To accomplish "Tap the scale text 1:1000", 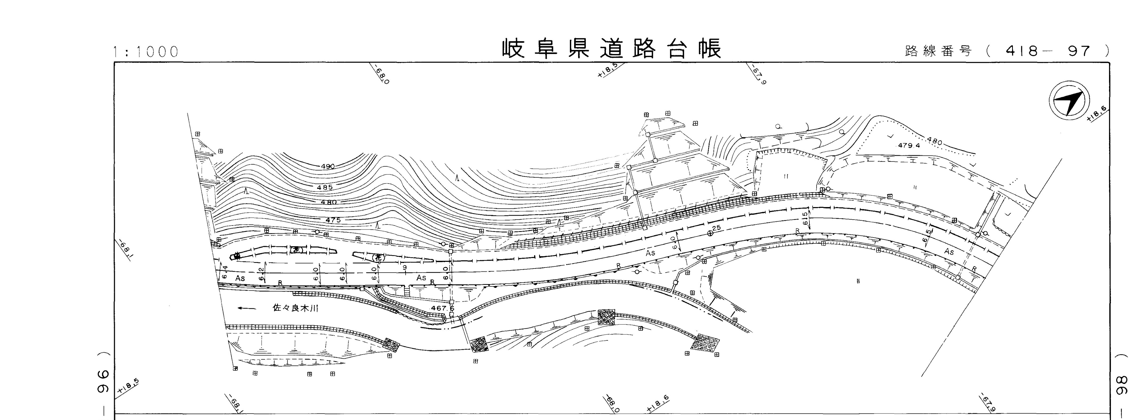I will point(146,52).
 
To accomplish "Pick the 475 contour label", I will point(333,220).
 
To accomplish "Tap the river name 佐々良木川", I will point(295,308).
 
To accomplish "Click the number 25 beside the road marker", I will point(717,228).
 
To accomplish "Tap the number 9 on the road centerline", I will point(404,267).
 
